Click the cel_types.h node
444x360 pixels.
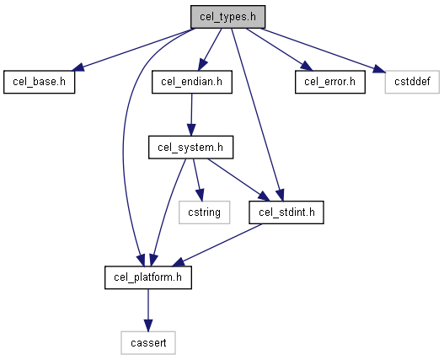(x=228, y=17)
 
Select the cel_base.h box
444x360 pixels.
(x=40, y=82)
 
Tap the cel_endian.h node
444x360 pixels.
(x=192, y=82)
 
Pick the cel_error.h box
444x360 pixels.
(x=330, y=82)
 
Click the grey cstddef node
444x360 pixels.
(x=412, y=82)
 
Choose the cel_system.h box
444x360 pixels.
(x=191, y=147)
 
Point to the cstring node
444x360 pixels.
(x=205, y=212)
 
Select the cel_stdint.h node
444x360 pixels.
(x=286, y=212)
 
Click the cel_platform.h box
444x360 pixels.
(x=148, y=277)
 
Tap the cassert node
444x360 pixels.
(x=148, y=342)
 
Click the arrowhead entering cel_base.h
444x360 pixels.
(x=78, y=67)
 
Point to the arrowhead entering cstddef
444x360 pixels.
(x=379, y=69)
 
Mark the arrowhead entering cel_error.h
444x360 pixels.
(x=307, y=66)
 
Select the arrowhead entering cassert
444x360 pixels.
(x=148, y=325)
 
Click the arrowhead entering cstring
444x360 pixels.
(x=201, y=196)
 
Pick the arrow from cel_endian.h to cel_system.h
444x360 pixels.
(x=191, y=115)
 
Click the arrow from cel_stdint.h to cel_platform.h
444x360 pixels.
(x=217, y=245)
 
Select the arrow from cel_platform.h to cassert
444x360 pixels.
(x=148, y=310)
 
